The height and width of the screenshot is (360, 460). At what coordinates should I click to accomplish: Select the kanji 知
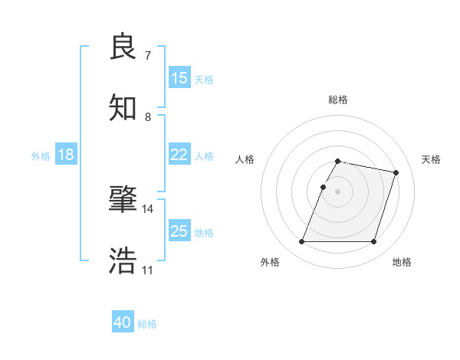pos(123,107)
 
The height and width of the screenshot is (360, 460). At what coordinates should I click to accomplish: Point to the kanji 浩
pos(123,260)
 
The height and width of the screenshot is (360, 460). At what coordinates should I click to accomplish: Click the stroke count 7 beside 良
pos(147,56)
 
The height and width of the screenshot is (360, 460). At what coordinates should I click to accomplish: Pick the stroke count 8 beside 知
pos(147,117)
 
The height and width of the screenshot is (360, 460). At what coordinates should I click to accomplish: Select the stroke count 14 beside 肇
pos(147,208)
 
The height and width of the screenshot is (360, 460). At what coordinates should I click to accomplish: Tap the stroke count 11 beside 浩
pos(147,270)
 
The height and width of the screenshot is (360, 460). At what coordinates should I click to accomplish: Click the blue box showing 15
pos(179,77)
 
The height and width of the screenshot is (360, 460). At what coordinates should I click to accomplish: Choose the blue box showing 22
pos(179,154)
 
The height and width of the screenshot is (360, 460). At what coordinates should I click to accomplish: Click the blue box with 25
pos(179,231)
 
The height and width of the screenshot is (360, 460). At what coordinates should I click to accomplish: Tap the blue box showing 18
pos(66,154)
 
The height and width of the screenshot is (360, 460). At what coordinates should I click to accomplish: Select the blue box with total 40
pos(123,322)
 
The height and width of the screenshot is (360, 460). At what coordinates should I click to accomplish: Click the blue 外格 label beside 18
pos(41,155)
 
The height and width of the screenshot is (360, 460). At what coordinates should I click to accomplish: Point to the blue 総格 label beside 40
pos(147,324)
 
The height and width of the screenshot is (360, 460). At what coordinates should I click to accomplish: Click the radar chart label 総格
pos(338,100)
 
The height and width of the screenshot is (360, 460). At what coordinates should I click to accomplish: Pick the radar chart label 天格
pos(431,159)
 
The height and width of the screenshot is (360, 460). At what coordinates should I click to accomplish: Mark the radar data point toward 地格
pos(373,242)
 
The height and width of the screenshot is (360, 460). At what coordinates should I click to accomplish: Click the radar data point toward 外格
pos(302,242)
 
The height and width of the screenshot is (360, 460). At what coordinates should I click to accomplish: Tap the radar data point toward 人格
pos(324,187)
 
